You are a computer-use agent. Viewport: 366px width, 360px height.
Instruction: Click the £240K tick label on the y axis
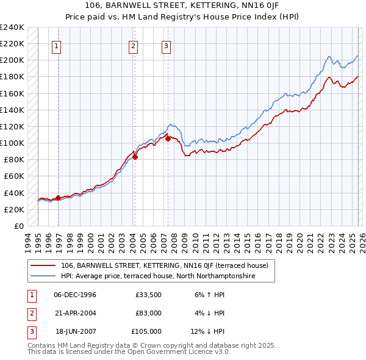[x=12, y=27]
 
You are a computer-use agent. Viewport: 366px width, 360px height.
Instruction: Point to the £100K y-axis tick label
[x=12, y=143]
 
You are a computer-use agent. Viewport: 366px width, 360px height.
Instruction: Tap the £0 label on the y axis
[x=18, y=226]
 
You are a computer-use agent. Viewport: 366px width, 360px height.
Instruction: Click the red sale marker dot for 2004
[x=135, y=157]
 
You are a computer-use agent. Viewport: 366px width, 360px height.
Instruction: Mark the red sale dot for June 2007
[x=168, y=139]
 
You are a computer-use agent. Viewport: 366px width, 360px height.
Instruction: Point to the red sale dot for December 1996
[x=58, y=198]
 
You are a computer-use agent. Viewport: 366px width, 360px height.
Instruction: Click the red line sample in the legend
[x=43, y=265]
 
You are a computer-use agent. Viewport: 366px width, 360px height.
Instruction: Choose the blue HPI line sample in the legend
[x=43, y=276]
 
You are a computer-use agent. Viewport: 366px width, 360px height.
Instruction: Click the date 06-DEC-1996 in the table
[x=75, y=295]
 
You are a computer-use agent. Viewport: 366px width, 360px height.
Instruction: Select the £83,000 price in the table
[x=148, y=313]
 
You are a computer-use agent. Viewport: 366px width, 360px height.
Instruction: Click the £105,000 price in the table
[x=146, y=331]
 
